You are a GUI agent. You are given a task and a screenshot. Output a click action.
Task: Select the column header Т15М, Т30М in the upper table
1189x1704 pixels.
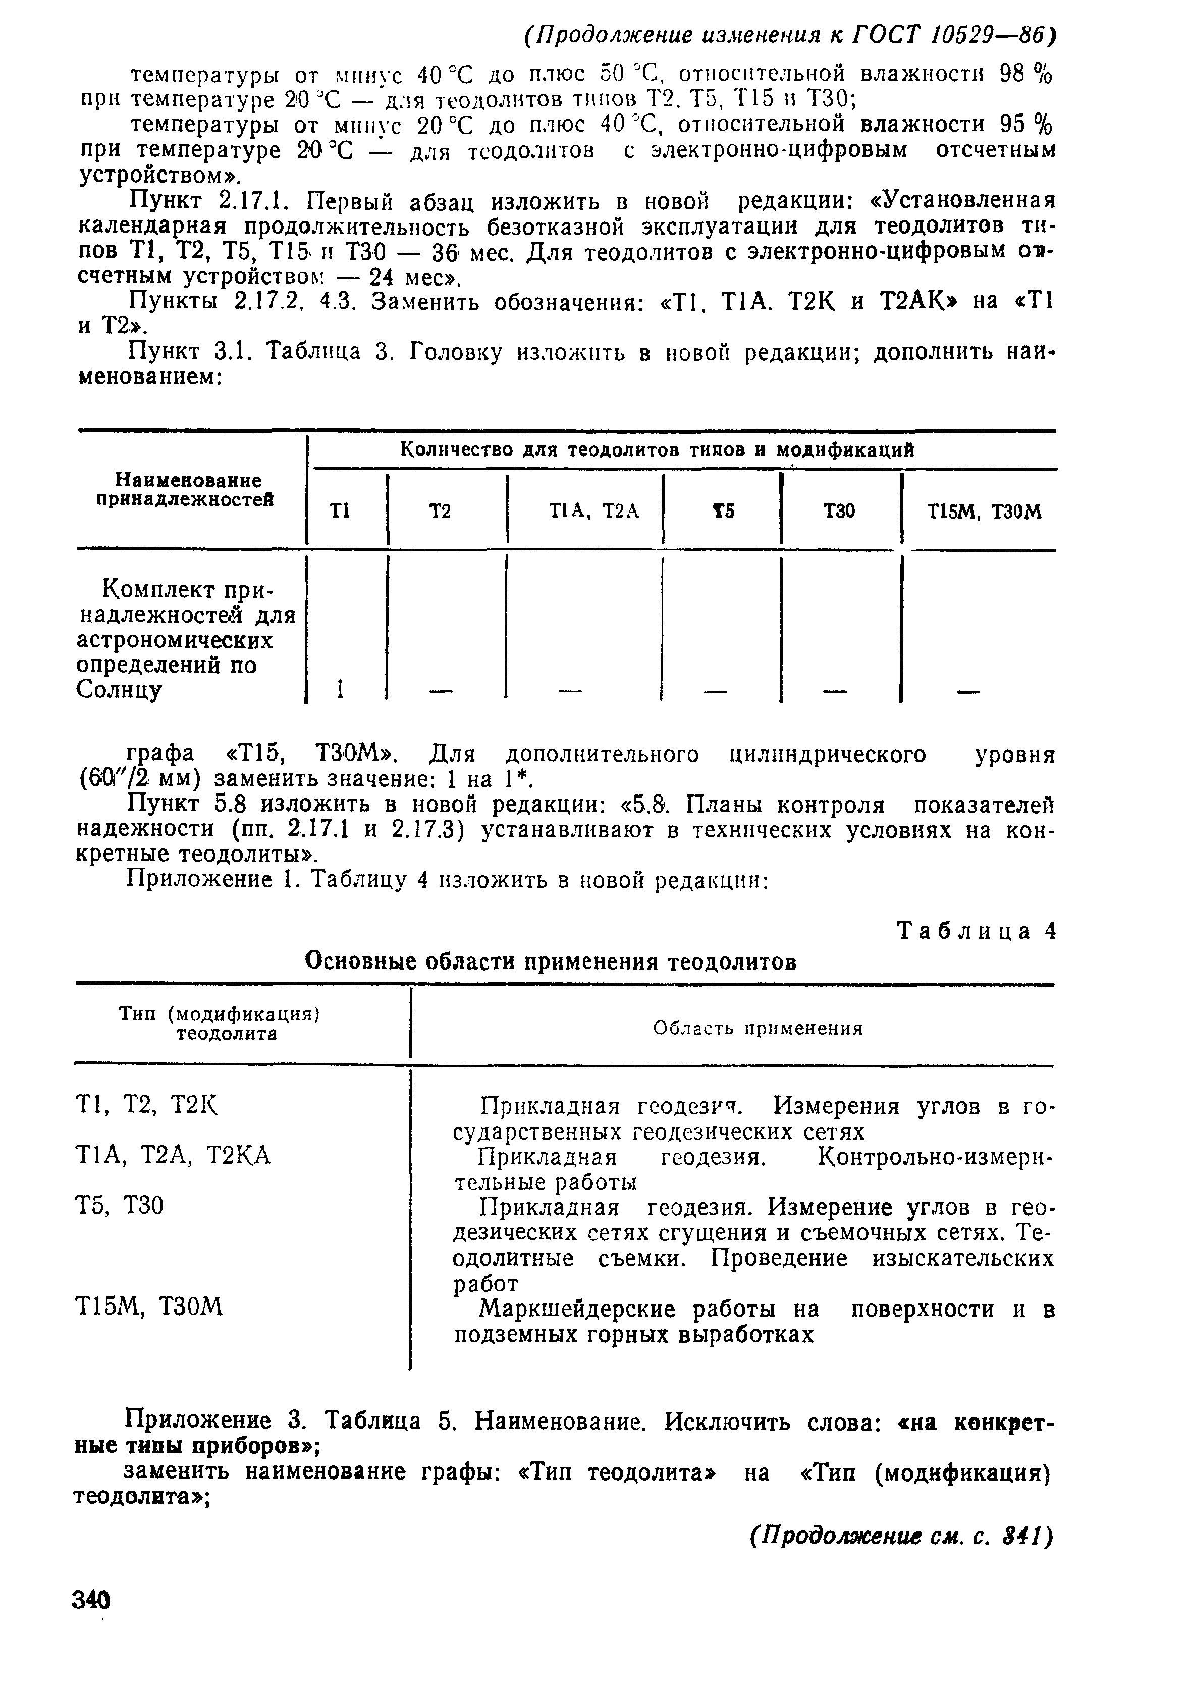(983, 512)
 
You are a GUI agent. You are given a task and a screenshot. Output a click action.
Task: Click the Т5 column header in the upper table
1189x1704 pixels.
(723, 512)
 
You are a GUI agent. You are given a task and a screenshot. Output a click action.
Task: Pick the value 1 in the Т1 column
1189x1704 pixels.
(339, 690)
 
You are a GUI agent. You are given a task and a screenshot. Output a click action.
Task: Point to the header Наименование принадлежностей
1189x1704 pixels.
(185, 490)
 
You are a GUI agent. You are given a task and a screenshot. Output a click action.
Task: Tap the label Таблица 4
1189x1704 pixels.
(976, 931)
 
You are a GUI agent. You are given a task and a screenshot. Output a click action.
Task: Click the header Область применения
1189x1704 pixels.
(757, 1028)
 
